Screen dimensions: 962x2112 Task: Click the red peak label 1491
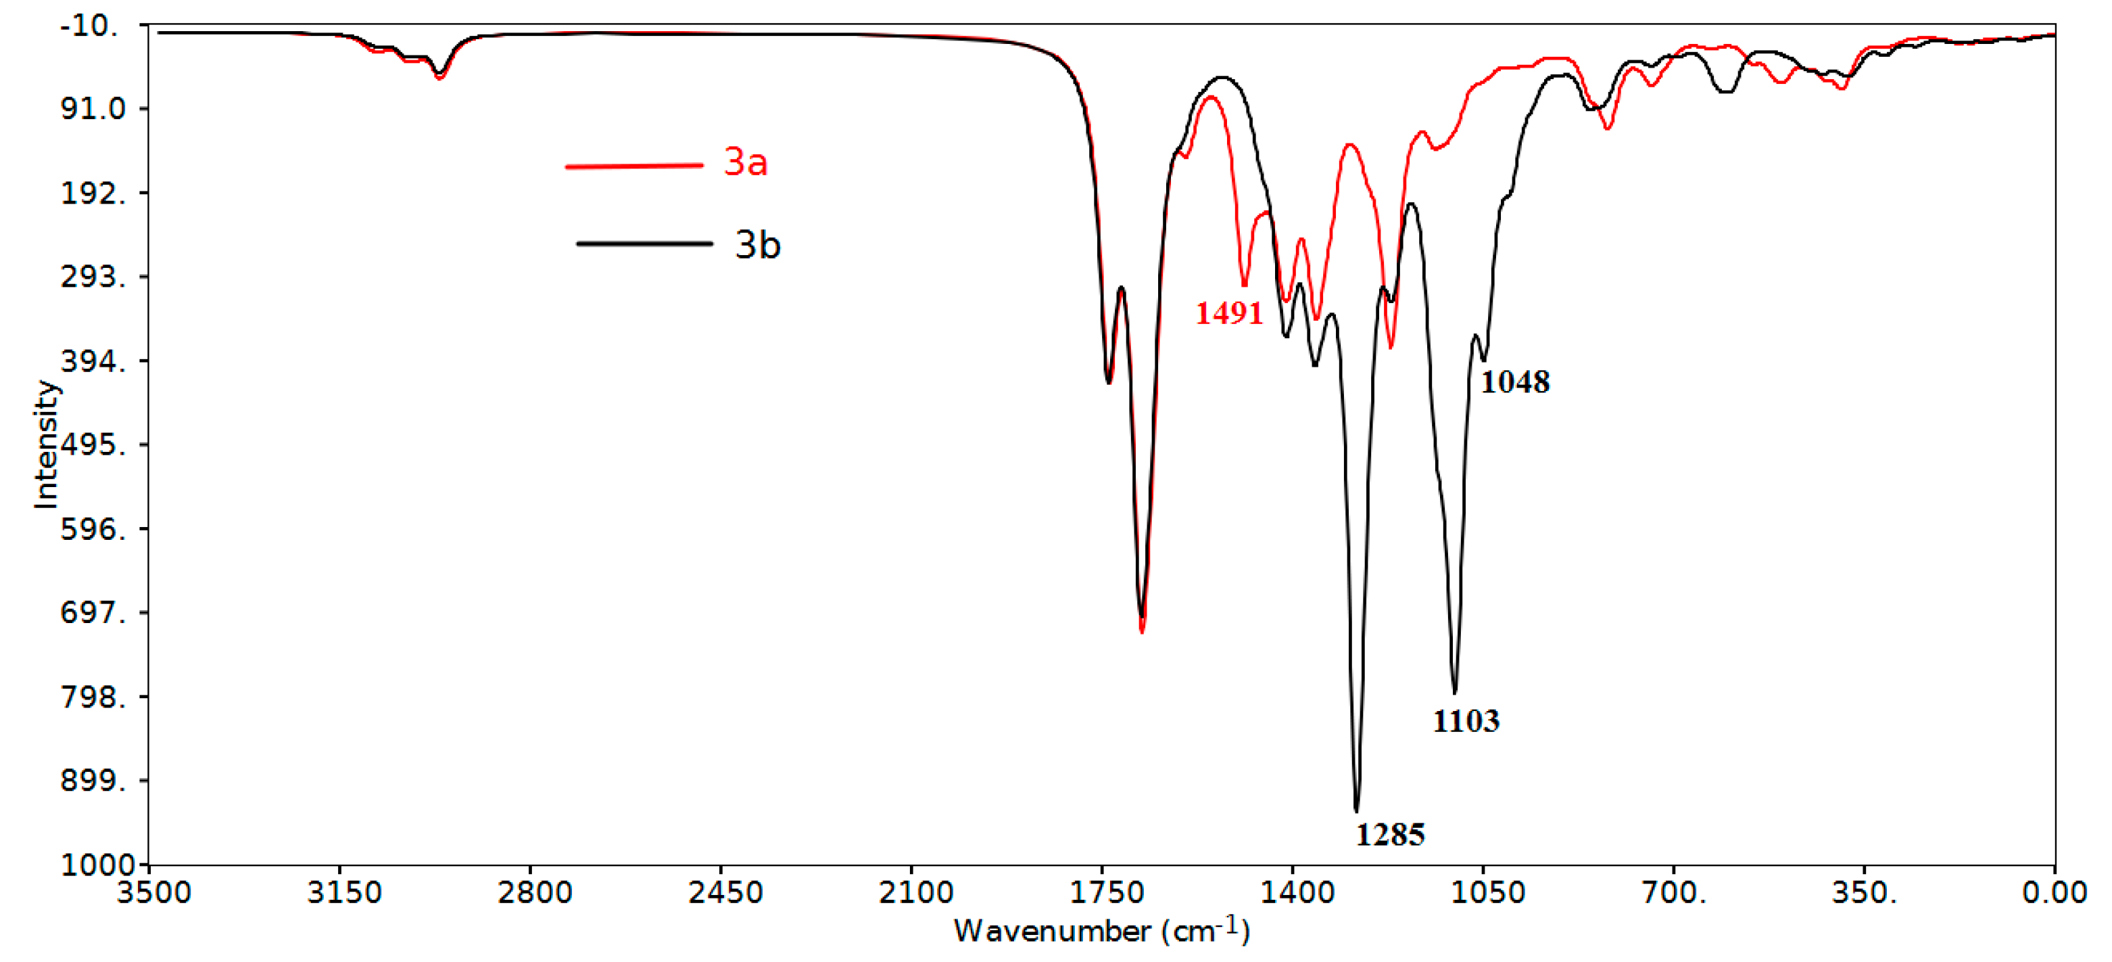tap(1228, 313)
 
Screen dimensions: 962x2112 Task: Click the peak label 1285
tap(1390, 835)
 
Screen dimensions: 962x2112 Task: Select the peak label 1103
tap(1466, 721)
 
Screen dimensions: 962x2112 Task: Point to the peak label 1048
tap(1514, 382)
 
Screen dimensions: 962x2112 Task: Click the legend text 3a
tap(745, 162)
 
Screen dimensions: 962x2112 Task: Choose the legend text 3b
tap(758, 245)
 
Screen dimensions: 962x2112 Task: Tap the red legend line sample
tap(633, 166)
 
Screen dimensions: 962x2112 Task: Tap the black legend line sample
tap(644, 244)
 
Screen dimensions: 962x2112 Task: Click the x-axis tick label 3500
tap(153, 892)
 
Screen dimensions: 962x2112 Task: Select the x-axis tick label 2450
tap(725, 892)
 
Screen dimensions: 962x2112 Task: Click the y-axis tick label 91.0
tap(93, 108)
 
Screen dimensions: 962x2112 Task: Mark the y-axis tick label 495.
tap(93, 445)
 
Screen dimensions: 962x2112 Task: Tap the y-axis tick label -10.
tap(90, 26)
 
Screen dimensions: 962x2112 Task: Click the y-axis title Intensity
tap(47, 444)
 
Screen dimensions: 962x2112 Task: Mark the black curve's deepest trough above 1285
tap(1357, 810)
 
